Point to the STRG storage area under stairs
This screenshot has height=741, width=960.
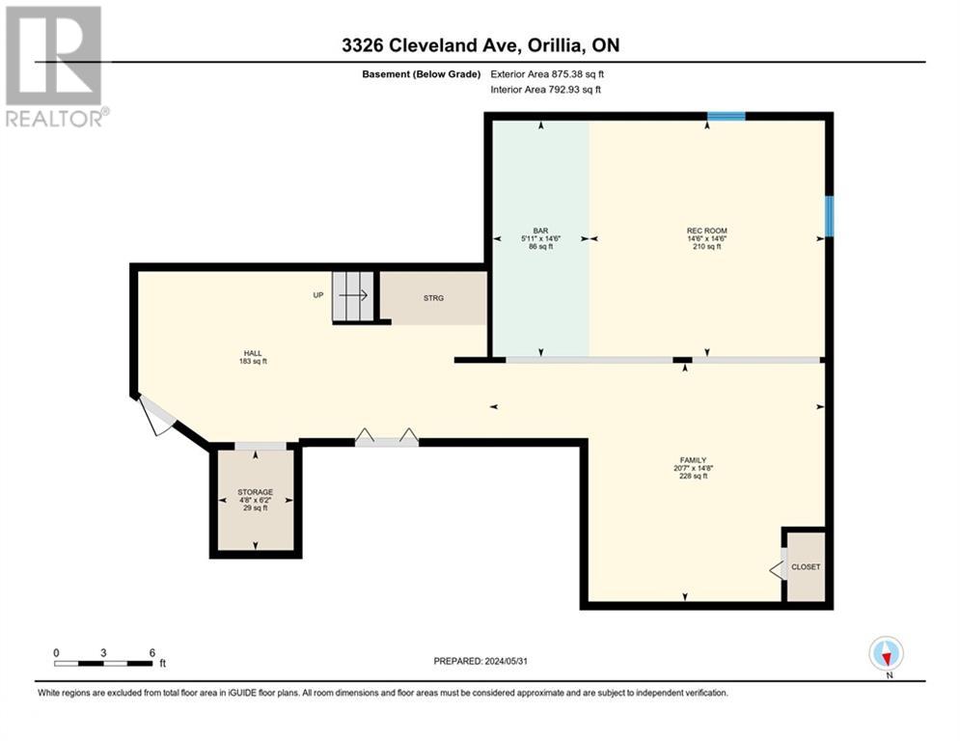(433, 298)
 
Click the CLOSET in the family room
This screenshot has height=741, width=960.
(805, 566)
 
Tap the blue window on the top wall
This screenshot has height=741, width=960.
(726, 117)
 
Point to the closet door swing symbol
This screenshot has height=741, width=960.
(778, 568)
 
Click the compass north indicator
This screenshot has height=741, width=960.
(885, 653)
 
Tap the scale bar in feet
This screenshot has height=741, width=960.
(104, 662)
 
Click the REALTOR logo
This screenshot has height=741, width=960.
(55, 66)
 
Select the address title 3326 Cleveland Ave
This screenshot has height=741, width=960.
(480, 45)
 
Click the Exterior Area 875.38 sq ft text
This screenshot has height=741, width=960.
(547, 73)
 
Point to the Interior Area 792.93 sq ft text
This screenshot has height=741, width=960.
(546, 90)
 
